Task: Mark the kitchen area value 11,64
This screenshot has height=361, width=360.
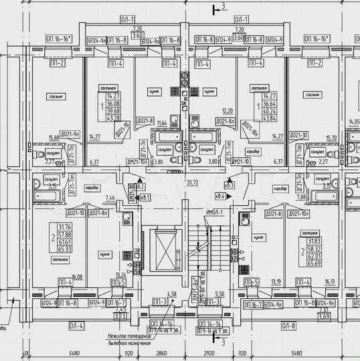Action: (x=161, y=123)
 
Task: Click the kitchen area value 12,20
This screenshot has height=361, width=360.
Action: (x=209, y=111)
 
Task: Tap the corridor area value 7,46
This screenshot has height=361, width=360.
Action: (x=110, y=198)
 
